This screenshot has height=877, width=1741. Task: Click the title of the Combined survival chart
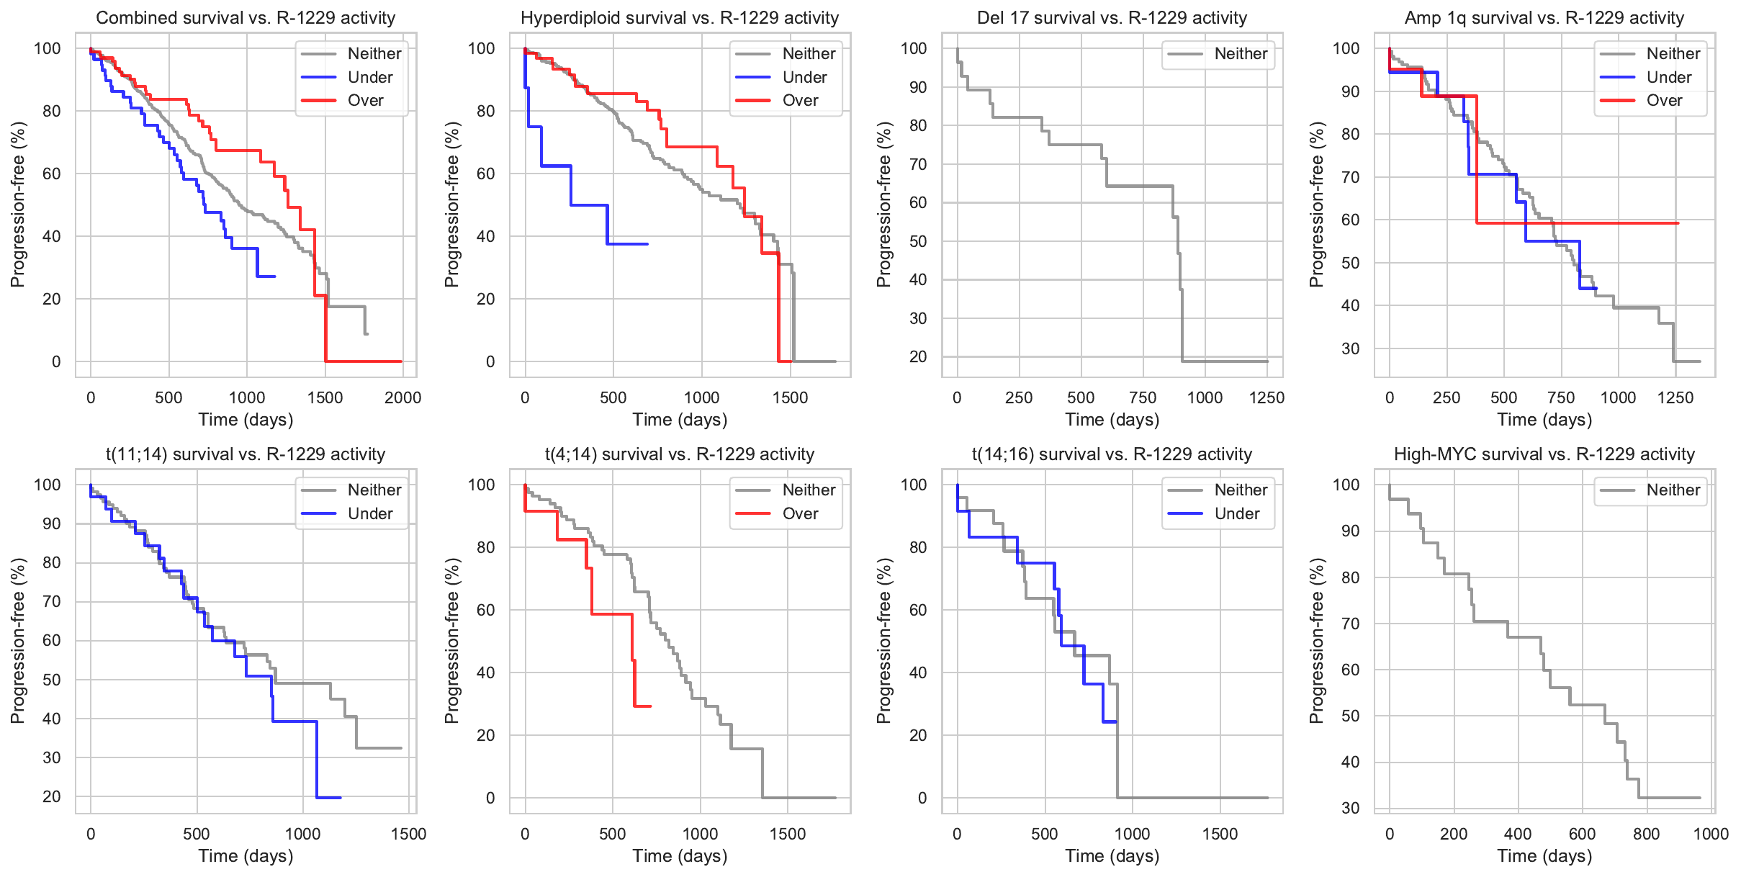tap(246, 18)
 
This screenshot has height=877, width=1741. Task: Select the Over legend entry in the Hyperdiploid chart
tap(800, 101)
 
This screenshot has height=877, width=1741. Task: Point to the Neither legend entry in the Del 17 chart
tap(1241, 54)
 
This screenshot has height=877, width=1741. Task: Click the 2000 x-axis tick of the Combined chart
tap(402, 397)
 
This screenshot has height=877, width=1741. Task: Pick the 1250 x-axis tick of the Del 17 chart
tap(1267, 397)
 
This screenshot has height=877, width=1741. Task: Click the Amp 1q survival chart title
tap(1544, 18)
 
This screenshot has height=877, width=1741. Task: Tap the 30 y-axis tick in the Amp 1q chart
tap(1351, 348)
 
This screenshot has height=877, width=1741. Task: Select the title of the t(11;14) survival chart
tap(246, 454)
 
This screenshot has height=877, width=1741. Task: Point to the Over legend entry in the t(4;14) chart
tap(800, 513)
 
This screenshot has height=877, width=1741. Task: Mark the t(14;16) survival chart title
tap(1112, 454)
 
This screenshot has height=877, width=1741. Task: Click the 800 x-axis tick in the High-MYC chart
tap(1647, 834)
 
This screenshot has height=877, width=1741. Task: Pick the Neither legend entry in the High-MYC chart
tap(1673, 490)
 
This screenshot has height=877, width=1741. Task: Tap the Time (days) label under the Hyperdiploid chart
tap(680, 420)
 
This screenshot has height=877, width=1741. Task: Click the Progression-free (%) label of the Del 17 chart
tap(884, 204)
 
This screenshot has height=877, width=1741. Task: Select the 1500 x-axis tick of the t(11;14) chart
tap(408, 834)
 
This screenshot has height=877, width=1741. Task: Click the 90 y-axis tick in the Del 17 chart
tap(918, 87)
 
